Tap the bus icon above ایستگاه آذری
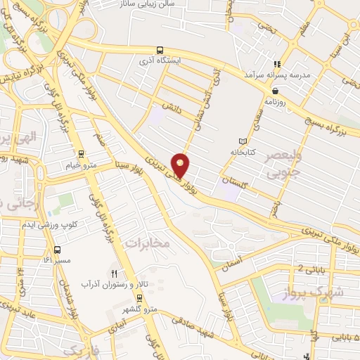click(161, 50)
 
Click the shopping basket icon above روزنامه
click(275, 91)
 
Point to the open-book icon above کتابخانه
click(243, 141)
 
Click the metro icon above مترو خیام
click(82, 154)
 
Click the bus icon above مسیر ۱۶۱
click(57, 250)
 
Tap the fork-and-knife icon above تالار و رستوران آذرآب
click(114, 273)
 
